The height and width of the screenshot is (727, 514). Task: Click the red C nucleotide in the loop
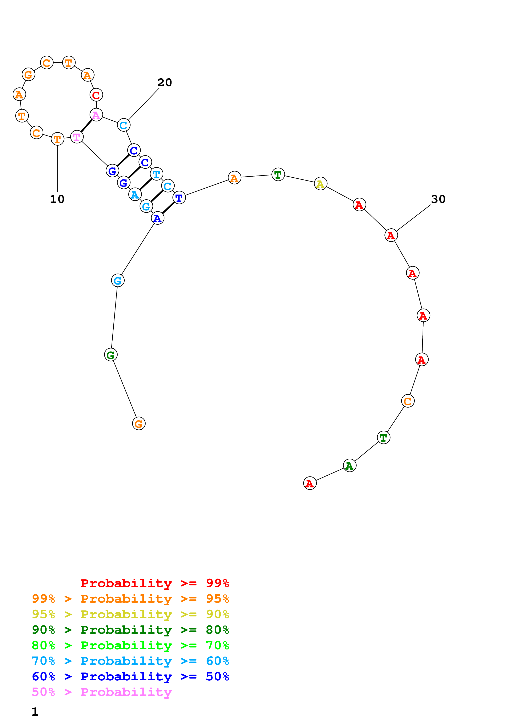click(96, 95)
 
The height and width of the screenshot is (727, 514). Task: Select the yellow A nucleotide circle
click(321, 184)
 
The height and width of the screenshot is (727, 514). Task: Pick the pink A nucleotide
click(96, 115)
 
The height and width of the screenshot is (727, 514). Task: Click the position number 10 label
click(57, 199)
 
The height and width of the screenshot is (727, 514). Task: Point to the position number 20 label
click(165, 83)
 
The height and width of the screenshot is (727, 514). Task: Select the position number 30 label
click(438, 199)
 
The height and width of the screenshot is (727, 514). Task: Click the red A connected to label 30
click(391, 235)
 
